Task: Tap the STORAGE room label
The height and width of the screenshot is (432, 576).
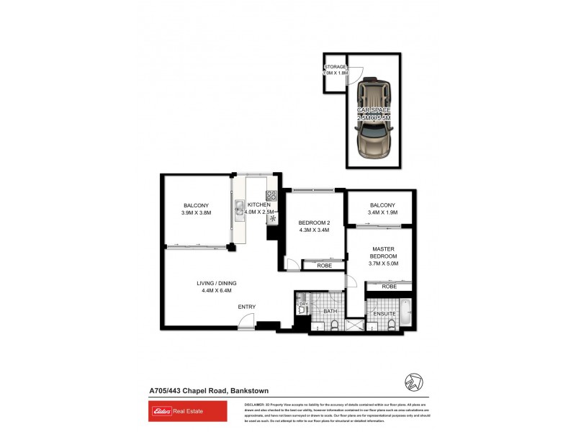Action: pyautogui.click(x=336, y=66)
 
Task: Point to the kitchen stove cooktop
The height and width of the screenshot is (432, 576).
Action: pyautogui.click(x=271, y=195)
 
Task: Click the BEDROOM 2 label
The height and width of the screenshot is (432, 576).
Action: pyautogui.click(x=314, y=222)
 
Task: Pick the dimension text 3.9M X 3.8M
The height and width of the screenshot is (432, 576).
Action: pyautogui.click(x=195, y=213)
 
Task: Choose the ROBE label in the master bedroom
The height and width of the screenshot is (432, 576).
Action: pyautogui.click(x=389, y=287)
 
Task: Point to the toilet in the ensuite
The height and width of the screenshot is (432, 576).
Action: pyautogui.click(x=391, y=324)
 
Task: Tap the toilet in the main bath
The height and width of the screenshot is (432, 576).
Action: pyautogui.click(x=335, y=325)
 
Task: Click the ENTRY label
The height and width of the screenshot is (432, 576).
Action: pyautogui.click(x=247, y=307)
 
